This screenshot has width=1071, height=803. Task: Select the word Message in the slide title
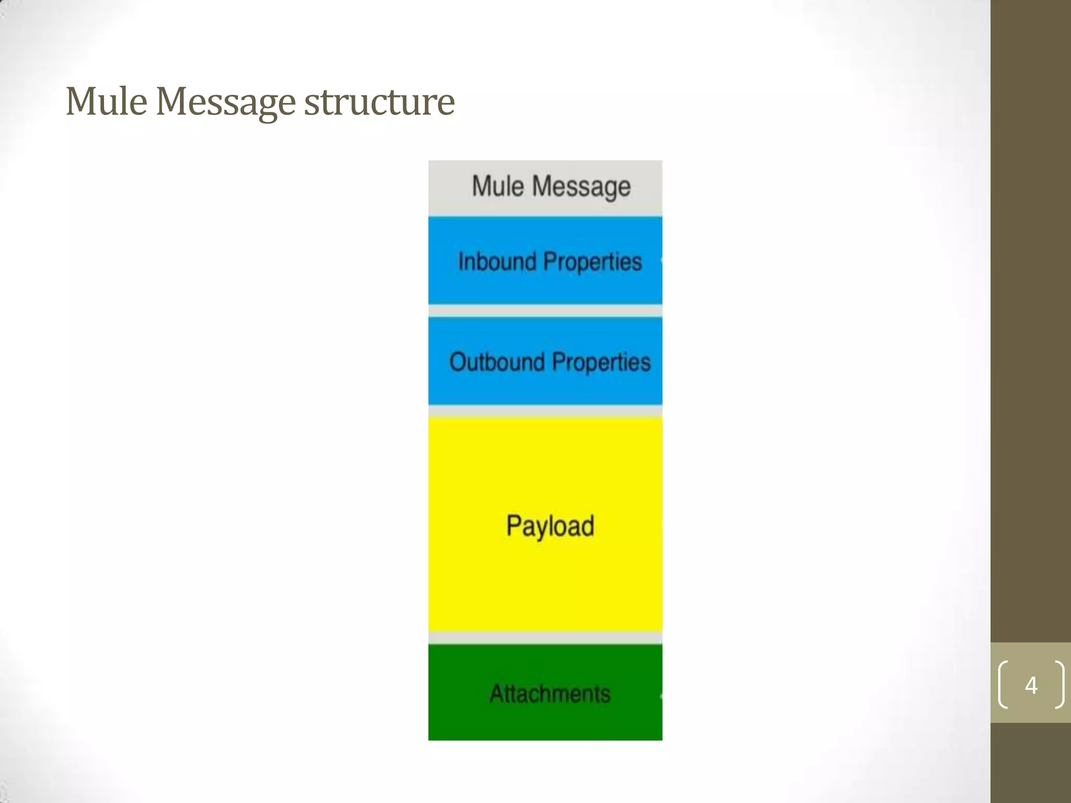point(225,102)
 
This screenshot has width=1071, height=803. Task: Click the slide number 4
point(1031,685)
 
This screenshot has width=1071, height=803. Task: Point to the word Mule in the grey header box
point(497,186)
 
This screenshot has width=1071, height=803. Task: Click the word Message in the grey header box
point(581,187)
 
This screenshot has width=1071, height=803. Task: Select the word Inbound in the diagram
point(497,261)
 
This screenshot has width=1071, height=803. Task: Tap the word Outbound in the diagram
point(497,362)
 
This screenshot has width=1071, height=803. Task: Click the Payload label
point(550,526)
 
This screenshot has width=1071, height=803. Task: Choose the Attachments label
point(550,694)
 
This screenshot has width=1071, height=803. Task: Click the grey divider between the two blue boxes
point(545,311)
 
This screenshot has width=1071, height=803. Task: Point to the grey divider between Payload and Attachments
point(545,638)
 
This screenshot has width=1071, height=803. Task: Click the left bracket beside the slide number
point(1002,685)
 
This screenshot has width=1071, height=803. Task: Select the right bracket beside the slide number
point(1059,685)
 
